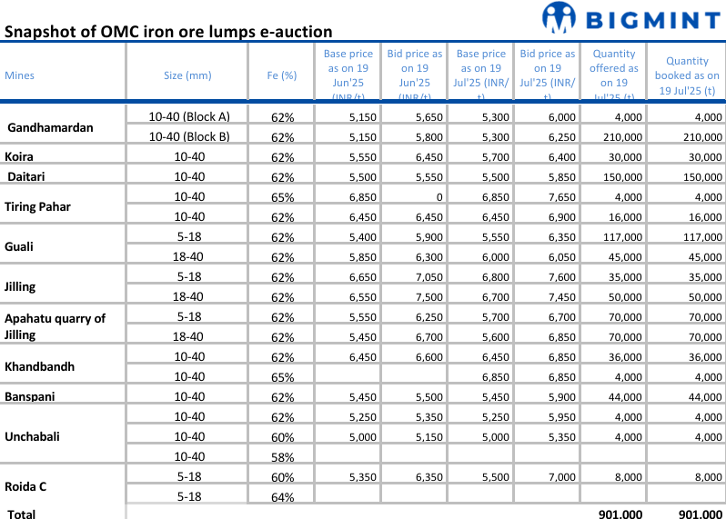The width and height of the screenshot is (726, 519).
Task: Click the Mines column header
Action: (20, 75)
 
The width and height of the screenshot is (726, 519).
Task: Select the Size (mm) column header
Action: (187, 75)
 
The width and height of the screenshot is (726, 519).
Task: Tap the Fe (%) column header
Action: (282, 75)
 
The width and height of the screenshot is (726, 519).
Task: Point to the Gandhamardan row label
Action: (50, 127)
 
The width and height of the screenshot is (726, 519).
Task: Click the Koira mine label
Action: (20, 156)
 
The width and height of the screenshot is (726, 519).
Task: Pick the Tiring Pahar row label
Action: (37, 206)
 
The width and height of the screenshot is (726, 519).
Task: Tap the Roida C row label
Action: (25, 486)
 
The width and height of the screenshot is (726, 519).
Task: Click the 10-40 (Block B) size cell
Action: (189, 137)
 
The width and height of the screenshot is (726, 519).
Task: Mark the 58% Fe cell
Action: (282, 457)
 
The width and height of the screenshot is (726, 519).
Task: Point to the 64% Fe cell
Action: (282, 497)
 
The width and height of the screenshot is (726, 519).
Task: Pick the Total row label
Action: (22, 514)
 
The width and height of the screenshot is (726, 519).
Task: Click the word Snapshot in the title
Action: (42, 32)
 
